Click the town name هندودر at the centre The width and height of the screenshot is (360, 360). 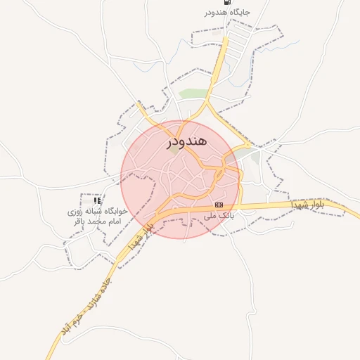pos(187,141)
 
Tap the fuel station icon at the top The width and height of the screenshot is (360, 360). pos(225,2)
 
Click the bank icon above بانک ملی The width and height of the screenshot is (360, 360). pos(219,205)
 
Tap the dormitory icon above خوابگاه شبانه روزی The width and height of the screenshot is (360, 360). pos(97,201)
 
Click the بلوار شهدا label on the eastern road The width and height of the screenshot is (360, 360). pos(309,204)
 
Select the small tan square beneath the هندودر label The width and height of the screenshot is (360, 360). pos(174,150)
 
